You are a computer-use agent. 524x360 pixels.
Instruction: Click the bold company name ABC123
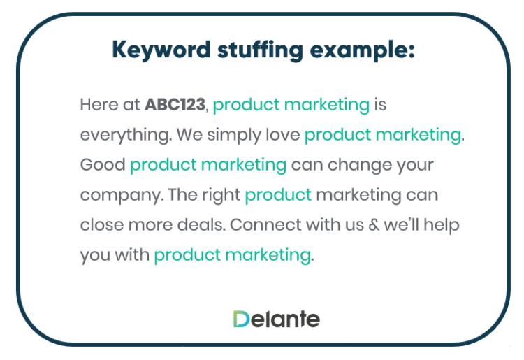[x=175, y=105]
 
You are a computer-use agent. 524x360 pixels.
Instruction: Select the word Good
[x=102, y=165]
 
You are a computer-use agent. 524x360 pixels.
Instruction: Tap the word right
[x=221, y=195]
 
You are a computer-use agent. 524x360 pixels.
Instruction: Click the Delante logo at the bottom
[x=277, y=319]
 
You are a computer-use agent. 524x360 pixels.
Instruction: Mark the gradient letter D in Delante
[x=241, y=319]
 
